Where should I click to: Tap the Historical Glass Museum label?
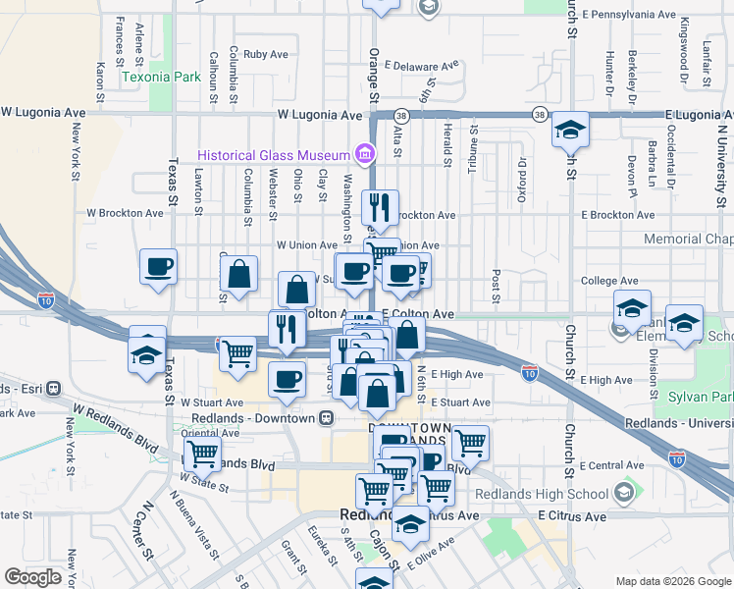click(x=273, y=155)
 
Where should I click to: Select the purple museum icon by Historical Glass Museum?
click(x=365, y=154)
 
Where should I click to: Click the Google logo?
click(x=33, y=577)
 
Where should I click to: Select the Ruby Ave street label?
click(x=264, y=55)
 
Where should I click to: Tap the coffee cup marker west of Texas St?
click(x=158, y=267)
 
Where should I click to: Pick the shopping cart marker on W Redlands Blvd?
click(x=202, y=455)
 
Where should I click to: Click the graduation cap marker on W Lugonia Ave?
click(x=569, y=130)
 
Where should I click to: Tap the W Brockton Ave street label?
click(x=125, y=212)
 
